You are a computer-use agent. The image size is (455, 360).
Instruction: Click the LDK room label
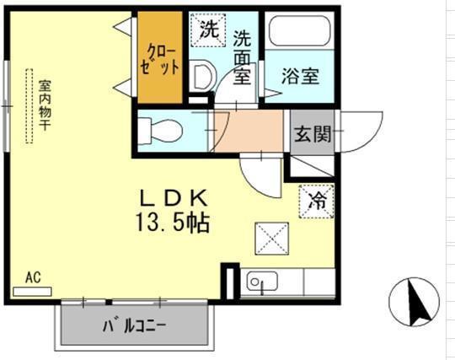point(173,200)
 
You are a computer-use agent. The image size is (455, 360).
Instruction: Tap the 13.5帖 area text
point(173,224)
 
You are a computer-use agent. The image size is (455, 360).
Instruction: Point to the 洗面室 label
point(243,57)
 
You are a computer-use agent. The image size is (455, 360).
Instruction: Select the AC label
point(33,277)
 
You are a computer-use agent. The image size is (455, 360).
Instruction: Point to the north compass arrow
point(415,303)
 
